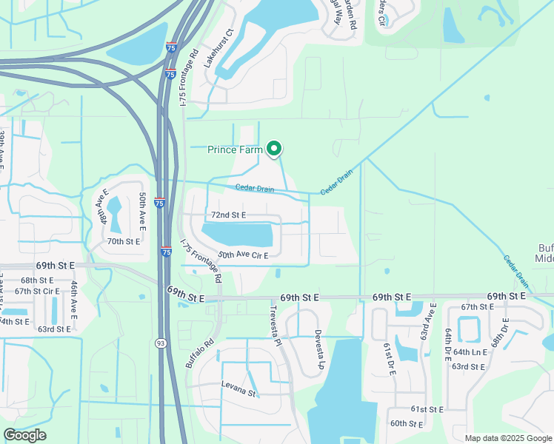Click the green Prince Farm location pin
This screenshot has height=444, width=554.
point(274,149)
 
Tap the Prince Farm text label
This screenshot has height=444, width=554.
point(236,150)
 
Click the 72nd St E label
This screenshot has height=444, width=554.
point(228,215)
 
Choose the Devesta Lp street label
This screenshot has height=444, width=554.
point(319,349)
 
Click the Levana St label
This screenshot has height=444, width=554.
point(238,385)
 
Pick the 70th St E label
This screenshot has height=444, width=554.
point(124,241)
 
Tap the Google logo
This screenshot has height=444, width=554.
point(24,434)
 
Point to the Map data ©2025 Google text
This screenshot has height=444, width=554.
point(509,438)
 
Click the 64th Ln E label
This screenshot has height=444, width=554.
point(470,352)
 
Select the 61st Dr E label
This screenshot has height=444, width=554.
point(388,359)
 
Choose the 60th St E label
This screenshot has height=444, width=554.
point(406,424)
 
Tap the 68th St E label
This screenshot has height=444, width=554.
point(37,280)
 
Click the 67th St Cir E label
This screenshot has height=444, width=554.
point(36,291)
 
